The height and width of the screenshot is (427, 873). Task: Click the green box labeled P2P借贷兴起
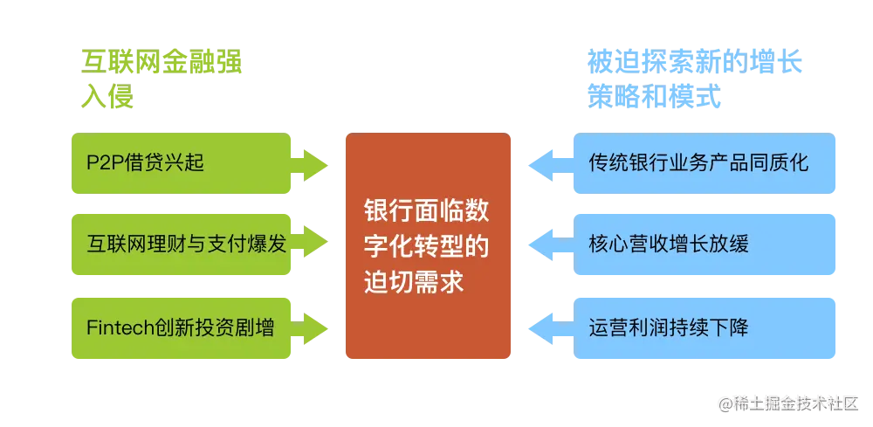click(181, 163)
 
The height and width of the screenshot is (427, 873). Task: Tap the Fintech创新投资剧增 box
click(181, 328)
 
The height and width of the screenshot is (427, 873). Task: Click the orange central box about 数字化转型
click(427, 247)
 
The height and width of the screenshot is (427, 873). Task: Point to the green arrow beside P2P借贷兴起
click(311, 163)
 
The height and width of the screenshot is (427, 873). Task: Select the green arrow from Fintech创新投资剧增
click(311, 328)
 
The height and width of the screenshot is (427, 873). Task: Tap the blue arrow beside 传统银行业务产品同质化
click(550, 163)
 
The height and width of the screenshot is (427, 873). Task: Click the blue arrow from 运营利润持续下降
click(550, 328)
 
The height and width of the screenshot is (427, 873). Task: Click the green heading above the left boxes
click(162, 79)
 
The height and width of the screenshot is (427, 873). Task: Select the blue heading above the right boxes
click(694, 79)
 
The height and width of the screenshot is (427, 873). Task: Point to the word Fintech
click(120, 328)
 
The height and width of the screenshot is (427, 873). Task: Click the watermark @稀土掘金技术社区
click(787, 403)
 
